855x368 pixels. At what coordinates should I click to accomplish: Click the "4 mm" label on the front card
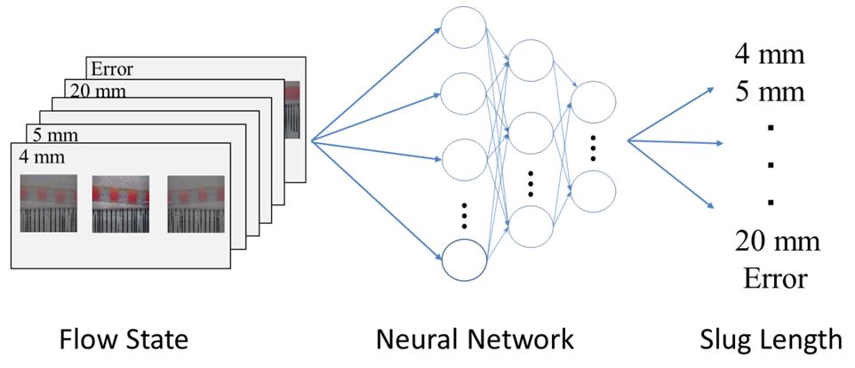coord(37,157)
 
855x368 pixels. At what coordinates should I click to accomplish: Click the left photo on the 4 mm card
coord(49,204)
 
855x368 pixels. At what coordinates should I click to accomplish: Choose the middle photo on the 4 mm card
coord(120,204)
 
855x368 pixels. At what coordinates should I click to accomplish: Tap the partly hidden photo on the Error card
coord(294,110)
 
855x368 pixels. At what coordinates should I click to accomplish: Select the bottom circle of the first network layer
coord(464,260)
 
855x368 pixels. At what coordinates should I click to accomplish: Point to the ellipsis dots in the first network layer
coord(465,213)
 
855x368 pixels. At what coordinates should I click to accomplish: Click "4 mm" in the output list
coord(770,56)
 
